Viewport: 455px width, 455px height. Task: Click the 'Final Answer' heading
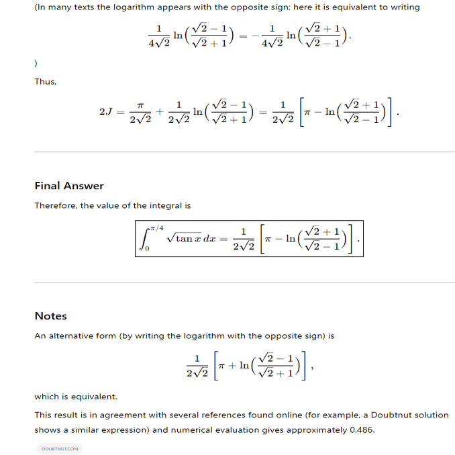69,186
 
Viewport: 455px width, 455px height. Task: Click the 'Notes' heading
51,316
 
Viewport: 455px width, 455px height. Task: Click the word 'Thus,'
46,82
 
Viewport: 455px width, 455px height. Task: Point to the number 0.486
362,430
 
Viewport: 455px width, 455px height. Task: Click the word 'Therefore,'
56,206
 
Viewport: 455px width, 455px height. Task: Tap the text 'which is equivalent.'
76,397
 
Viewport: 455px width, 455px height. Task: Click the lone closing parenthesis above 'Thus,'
36,64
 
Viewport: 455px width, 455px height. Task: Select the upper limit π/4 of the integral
156,229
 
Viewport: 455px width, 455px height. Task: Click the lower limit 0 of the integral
147,250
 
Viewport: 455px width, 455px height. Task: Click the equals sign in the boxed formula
223,239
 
